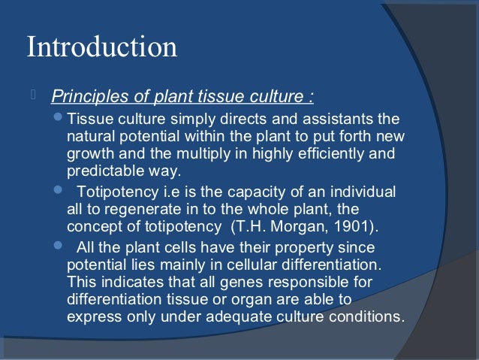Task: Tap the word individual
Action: click(x=363, y=193)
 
